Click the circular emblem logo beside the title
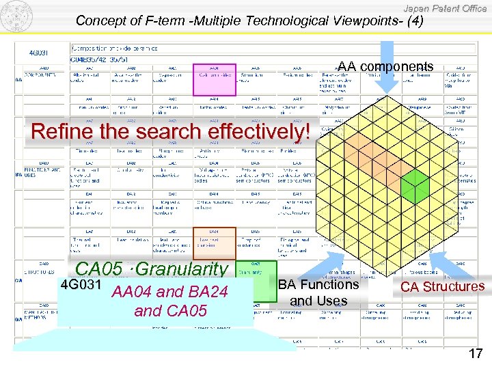click(x=16, y=16)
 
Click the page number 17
click(x=476, y=354)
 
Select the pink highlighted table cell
click(x=214, y=81)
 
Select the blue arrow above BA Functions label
click(x=327, y=263)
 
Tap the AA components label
click(x=385, y=67)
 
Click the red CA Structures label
click(x=442, y=287)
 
